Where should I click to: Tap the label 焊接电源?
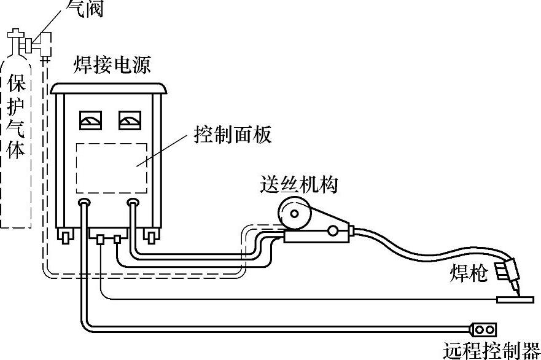click(x=112, y=65)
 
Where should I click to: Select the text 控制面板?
click(x=233, y=135)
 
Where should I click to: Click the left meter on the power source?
click(x=90, y=120)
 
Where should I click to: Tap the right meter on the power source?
click(x=128, y=120)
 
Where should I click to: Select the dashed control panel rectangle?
click(x=111, y=166)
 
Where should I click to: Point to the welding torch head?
click(x=508, y=270)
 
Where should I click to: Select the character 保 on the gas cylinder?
click(x=17, y=84)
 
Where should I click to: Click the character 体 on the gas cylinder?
click(x=17, y=149)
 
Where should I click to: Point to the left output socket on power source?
click(x=85, y=203)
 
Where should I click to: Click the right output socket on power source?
click(x=133, y=203)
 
